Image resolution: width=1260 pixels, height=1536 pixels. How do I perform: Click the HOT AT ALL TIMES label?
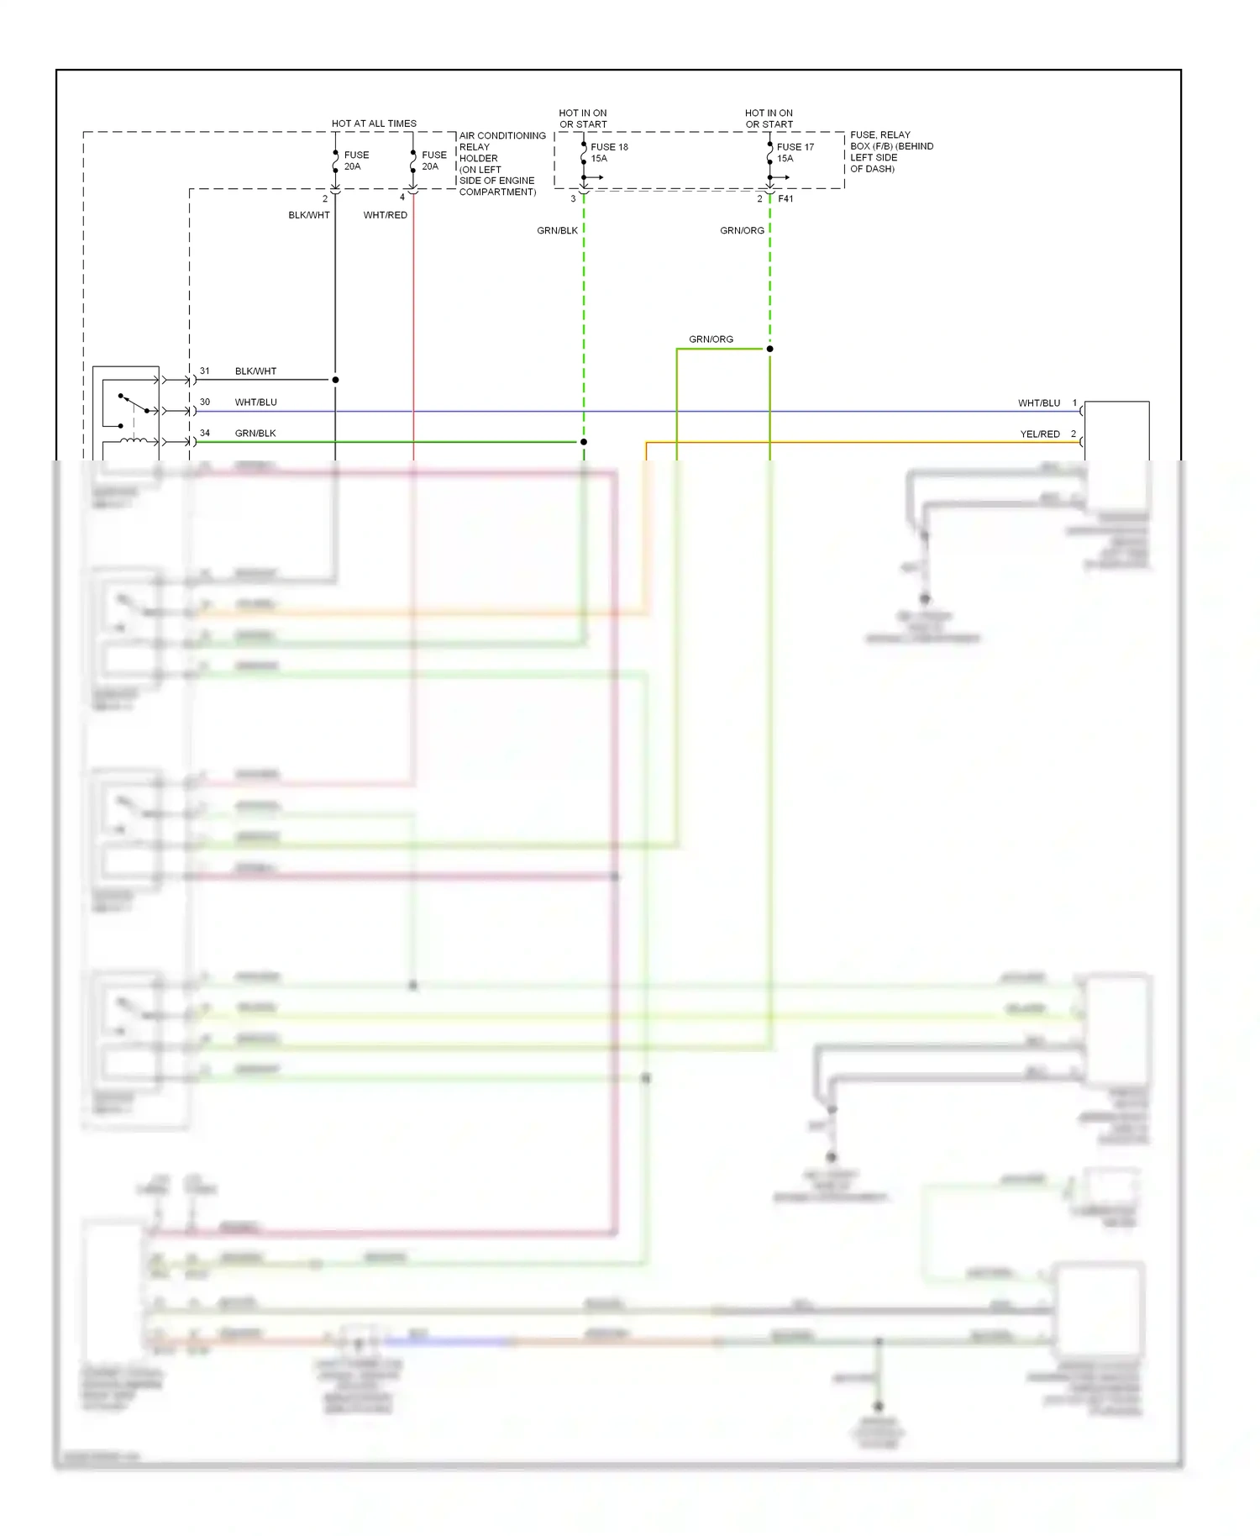click(374, 124)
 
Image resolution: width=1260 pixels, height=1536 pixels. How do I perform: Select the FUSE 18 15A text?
click(609, 152)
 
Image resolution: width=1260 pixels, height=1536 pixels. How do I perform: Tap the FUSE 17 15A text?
click(795, 152)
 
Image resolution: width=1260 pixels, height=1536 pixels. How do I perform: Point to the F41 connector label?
click(785, 199)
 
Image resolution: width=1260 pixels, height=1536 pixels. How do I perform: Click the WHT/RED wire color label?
click(385, 215)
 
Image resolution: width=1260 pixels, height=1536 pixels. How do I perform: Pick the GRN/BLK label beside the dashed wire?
click(557, 230)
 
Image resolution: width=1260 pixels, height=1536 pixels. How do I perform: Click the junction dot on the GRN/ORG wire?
click(769, 349)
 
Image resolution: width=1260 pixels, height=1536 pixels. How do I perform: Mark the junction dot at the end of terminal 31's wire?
click(335, 380)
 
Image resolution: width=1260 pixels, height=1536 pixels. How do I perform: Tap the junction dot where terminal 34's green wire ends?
click(584, 442)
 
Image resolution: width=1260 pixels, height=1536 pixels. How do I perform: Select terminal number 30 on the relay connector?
click(205, 402)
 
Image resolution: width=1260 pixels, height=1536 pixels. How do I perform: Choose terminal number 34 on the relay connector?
click(205, 434)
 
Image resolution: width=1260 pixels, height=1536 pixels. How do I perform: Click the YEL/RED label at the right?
click(1040, 434)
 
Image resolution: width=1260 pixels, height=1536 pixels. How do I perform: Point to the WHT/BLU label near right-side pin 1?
click(1039, 403)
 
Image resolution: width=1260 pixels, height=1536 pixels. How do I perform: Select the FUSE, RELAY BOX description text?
click(890, 152)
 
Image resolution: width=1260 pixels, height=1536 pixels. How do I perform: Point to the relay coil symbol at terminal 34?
click(134, 441)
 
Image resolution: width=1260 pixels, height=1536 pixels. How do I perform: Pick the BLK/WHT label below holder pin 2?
click(309, 215)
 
